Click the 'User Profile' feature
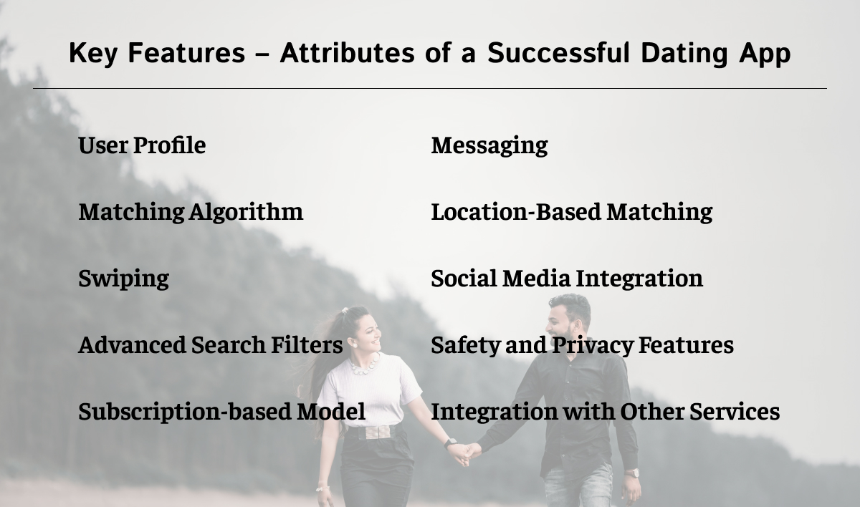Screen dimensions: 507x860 tap(142, 145)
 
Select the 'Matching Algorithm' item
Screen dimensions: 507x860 tap(191, 212)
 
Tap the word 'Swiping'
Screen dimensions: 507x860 tap(123, 279)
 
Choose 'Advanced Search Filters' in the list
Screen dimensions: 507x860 tap(210, 345)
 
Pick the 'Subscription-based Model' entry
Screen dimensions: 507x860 tap(221, 412)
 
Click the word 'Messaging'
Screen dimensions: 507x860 tap(489, 145)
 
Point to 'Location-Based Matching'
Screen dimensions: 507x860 tap(571, 212)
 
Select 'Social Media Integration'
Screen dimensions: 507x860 tap(566, 279)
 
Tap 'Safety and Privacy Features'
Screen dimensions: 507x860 tap(582, 345)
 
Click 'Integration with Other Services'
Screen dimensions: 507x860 tap(605, 412)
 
